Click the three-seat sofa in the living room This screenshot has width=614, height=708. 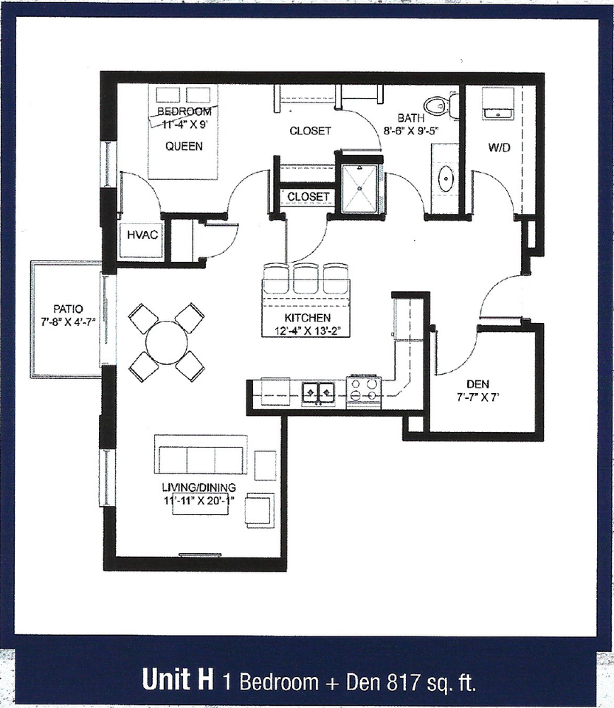click(x=200, y=457)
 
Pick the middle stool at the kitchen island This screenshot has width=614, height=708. click(x=305, y=279)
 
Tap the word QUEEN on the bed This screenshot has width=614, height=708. click(x=184, y=146)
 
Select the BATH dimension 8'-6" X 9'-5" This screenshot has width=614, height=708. click(x=410, y=131)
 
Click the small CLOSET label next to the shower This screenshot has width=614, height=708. click(x=308, y=197)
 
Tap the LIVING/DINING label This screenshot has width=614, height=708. click(x=199, y=487)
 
